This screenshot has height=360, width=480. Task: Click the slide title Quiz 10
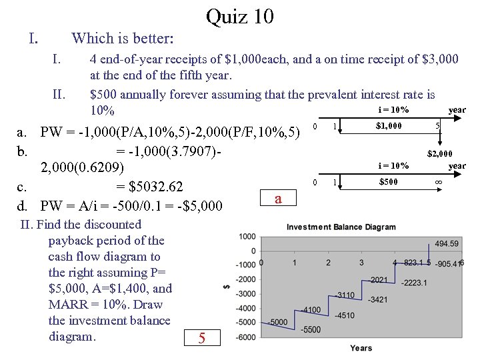click(240, 16)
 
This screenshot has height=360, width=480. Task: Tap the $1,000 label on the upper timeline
click(389, 125)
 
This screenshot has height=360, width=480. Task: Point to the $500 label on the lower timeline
click(389, 181)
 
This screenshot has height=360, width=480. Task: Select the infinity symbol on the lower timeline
click(439, 182)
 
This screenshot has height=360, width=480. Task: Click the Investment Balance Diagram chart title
click(341, 227)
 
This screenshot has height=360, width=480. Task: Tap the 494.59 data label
click(446, 243)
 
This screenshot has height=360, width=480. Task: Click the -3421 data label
click(377, 300)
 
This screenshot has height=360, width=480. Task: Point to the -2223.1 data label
click(414, 283)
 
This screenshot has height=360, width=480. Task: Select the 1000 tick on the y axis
click(247, 236)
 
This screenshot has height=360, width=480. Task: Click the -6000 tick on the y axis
click(245, 337)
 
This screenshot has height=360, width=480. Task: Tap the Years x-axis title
click(361, 348)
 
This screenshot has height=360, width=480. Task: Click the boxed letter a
click(278, 199)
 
